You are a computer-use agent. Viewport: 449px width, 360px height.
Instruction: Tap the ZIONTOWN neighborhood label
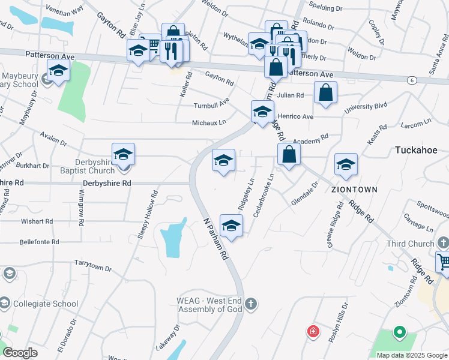click(355, 189)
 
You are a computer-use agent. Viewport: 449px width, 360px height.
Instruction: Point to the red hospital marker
click(313, 331)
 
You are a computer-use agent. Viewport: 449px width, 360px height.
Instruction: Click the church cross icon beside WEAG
click(251, 304)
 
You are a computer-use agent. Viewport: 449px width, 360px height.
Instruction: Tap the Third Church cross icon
click(443, 243)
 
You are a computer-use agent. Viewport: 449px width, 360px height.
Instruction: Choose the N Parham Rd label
click(215, 238)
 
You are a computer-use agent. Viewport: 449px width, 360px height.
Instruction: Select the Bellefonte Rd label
click(38, 242)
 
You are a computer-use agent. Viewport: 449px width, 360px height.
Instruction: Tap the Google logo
click(20, 353)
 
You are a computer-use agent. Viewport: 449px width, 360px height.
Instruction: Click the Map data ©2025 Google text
click(411, 355)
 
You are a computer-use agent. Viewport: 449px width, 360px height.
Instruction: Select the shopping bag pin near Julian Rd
click(325, 93)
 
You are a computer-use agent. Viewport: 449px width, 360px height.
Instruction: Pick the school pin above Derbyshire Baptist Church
click(123, 155)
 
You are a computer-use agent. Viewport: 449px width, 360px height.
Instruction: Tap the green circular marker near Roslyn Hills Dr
click(399, 331)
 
